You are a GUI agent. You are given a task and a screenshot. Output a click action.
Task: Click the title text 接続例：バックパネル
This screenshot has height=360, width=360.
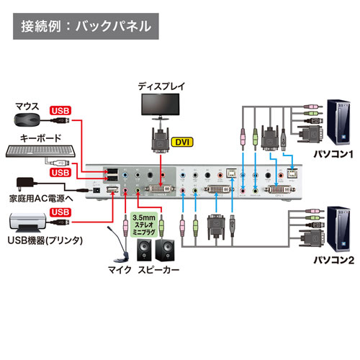(x=86, y=28)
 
